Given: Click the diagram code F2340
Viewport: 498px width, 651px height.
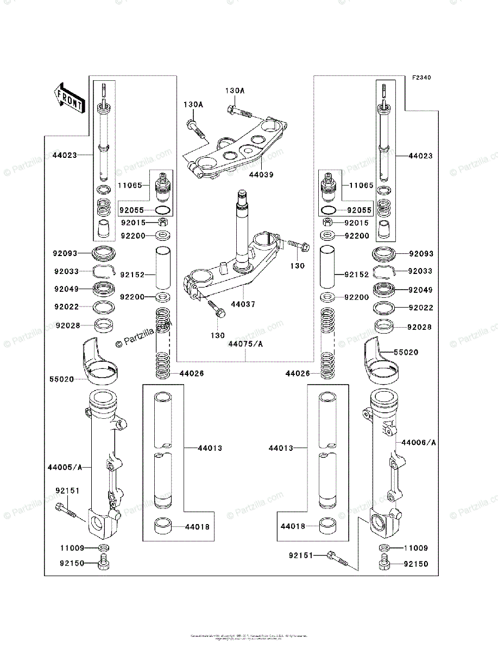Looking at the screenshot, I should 421,78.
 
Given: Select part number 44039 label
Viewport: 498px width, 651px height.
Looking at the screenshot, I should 261,175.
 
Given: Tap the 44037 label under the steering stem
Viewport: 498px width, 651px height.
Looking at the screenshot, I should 243,305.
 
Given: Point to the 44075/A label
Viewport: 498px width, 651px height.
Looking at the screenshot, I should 245,344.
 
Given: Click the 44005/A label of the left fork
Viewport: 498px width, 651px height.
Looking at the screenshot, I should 65,467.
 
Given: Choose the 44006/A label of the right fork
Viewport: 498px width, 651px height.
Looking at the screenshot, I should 418,443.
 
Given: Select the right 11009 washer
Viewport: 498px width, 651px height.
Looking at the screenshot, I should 384,548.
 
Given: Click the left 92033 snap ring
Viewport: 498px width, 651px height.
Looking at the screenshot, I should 104,271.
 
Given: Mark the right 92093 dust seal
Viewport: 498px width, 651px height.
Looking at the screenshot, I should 384,253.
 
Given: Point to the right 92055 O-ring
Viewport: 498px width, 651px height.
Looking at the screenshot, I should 328,210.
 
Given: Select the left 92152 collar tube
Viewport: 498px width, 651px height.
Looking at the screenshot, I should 163,269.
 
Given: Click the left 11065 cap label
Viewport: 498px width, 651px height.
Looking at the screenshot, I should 130,186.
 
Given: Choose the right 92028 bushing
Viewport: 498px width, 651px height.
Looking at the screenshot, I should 384,327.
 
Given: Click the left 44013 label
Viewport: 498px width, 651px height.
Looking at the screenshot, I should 210,448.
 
